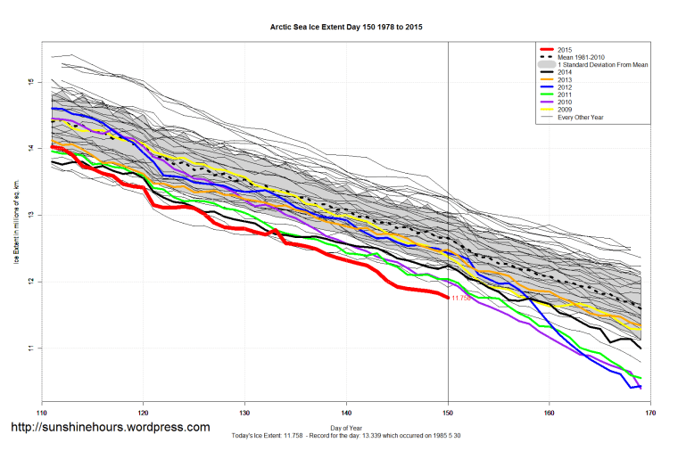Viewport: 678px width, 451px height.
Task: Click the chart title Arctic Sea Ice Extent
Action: click(x=345, y=28)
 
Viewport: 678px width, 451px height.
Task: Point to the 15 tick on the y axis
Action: click(x=29, y=82)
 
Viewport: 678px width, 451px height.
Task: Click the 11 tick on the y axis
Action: click(x=29, y=348)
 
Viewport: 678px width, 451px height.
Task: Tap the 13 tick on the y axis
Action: click(x=29, y=215)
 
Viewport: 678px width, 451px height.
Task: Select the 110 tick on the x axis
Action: click(x=41, y=413)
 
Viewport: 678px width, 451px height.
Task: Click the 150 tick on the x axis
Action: click(x=448, y=413)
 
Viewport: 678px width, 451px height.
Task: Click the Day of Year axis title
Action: click(x=345, y=429)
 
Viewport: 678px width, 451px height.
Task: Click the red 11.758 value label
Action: click(x=461, y=299)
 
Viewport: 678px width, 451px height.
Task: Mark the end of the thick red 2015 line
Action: click(x=447, y=298)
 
